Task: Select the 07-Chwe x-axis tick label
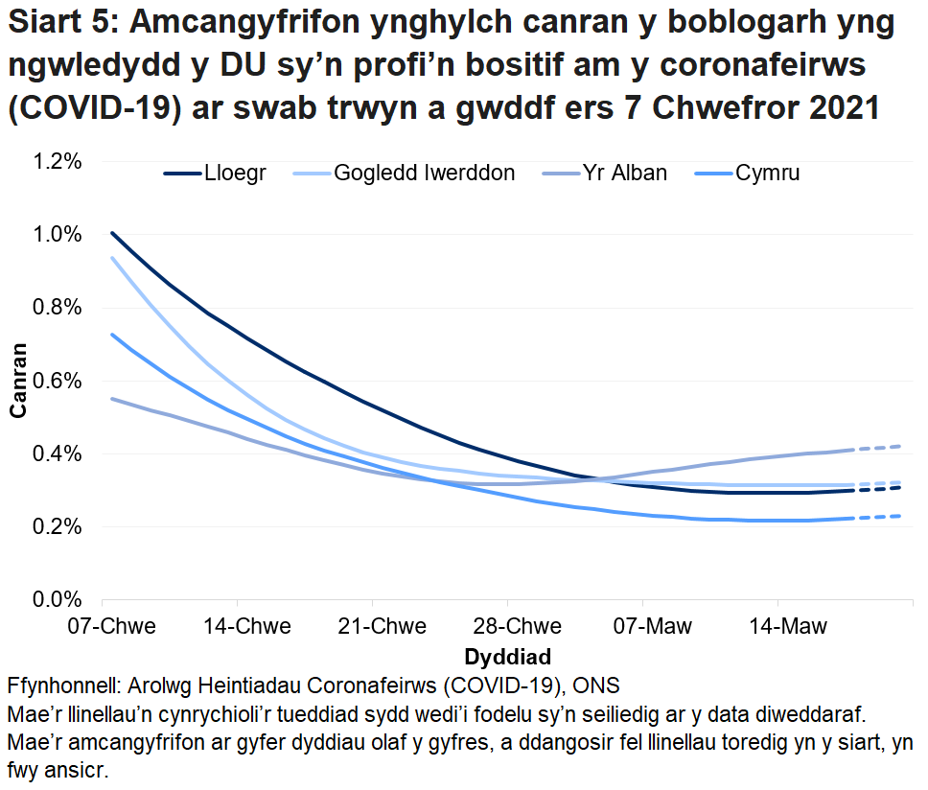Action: click(x=112, y=627)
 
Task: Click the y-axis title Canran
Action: click(x=18, y=381)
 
